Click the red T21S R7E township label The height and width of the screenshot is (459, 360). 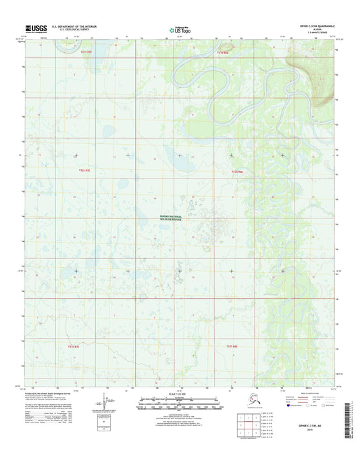84,51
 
